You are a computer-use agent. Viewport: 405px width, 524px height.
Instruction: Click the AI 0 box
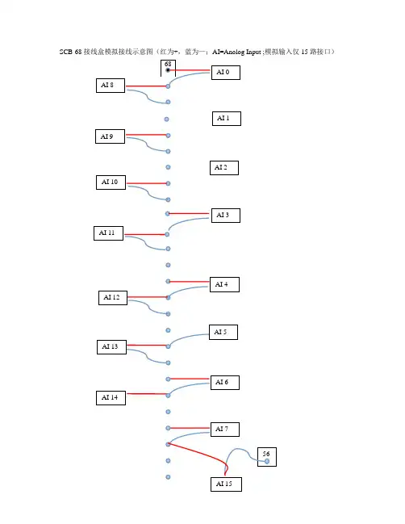[226, 73]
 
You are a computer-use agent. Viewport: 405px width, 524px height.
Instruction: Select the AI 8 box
[111, 86]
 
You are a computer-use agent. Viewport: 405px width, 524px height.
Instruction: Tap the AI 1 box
[227, 119]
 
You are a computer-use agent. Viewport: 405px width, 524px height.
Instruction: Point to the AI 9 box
[111, 136]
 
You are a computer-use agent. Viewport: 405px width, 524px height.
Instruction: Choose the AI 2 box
[224, 168]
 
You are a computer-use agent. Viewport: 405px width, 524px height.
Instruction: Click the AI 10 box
[111, 182]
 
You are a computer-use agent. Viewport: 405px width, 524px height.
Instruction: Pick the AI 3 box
[226, 216]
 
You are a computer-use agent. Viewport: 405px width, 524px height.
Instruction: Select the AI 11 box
[109, 233]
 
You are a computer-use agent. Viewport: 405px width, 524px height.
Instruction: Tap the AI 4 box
[224, 285]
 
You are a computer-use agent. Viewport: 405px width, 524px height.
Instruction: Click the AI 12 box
[113, 298]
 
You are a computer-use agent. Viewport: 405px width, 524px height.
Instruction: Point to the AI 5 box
[223, 332]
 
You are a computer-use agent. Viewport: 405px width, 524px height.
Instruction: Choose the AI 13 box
[111, 347]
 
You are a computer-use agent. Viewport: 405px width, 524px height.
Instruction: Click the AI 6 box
[225, 383]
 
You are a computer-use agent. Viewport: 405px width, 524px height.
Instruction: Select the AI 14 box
[111, 398]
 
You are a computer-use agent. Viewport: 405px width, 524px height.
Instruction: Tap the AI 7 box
[225, 430]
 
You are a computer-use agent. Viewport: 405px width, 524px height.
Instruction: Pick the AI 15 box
[226, 484]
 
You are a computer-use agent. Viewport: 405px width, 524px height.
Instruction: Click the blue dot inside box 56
[267, 462]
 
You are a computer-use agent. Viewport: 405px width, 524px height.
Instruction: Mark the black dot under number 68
[168, 70]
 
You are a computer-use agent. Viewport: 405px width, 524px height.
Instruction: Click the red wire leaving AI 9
[146, 135]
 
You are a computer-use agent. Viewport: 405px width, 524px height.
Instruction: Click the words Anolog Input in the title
[242, 52]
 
